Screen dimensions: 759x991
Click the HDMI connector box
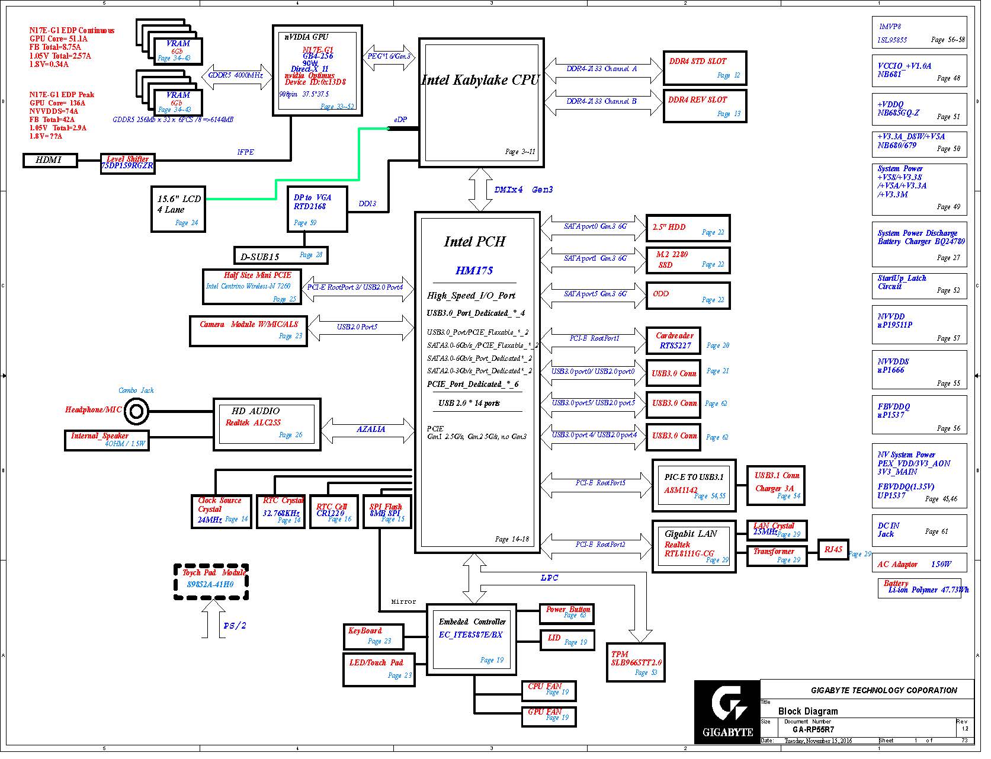50,161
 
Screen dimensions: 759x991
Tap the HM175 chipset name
479,273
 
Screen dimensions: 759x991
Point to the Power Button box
572,619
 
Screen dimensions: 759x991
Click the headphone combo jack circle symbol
138,416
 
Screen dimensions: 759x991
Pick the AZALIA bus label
374,434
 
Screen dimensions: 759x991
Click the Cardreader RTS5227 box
681,345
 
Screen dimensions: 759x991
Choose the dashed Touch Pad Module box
213,588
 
